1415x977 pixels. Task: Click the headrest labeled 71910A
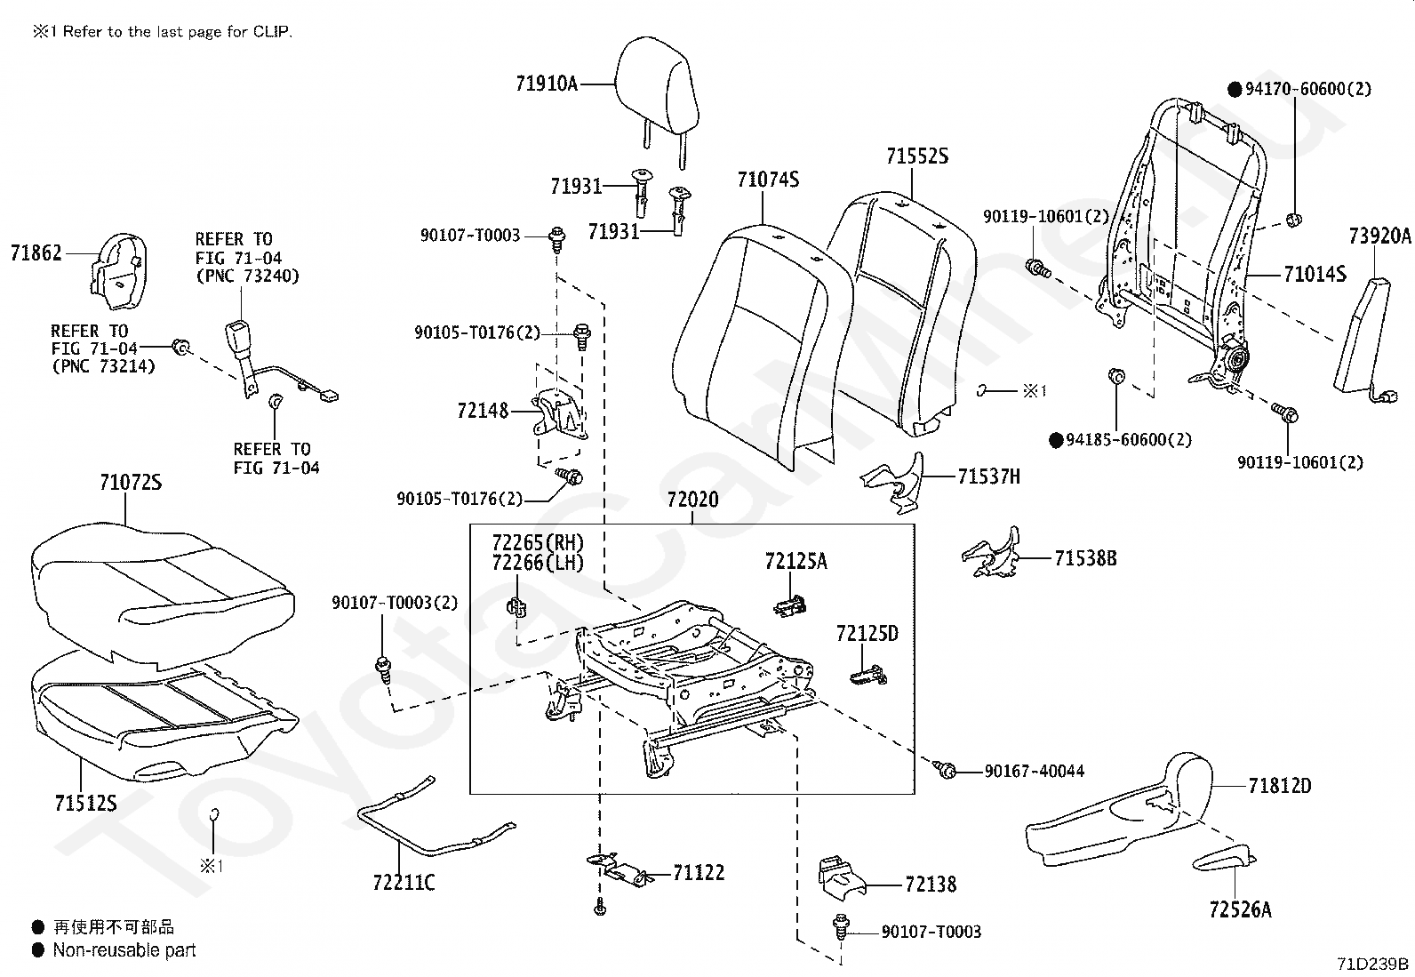[x=657, y=95]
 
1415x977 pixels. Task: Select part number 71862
[x=36, y=252]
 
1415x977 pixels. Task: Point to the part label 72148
[x=483, y=411]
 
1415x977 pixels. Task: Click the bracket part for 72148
[x=560, y=414]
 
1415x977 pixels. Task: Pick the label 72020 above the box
[x=693, y=500]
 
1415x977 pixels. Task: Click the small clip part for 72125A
[x=789, y=606]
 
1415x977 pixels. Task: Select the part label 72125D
[x=867, y=633]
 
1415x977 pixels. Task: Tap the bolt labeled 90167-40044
[x=946, y=770]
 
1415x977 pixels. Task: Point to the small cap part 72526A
[x=1224, y=858]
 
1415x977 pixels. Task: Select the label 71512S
[x=86, y=804]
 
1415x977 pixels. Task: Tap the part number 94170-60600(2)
[x=1308, y=89]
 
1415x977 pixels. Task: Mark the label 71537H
[x=988, y=476]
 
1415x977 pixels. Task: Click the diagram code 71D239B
[x=1372, y=964]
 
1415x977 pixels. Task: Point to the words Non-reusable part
[x=124, y=949]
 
